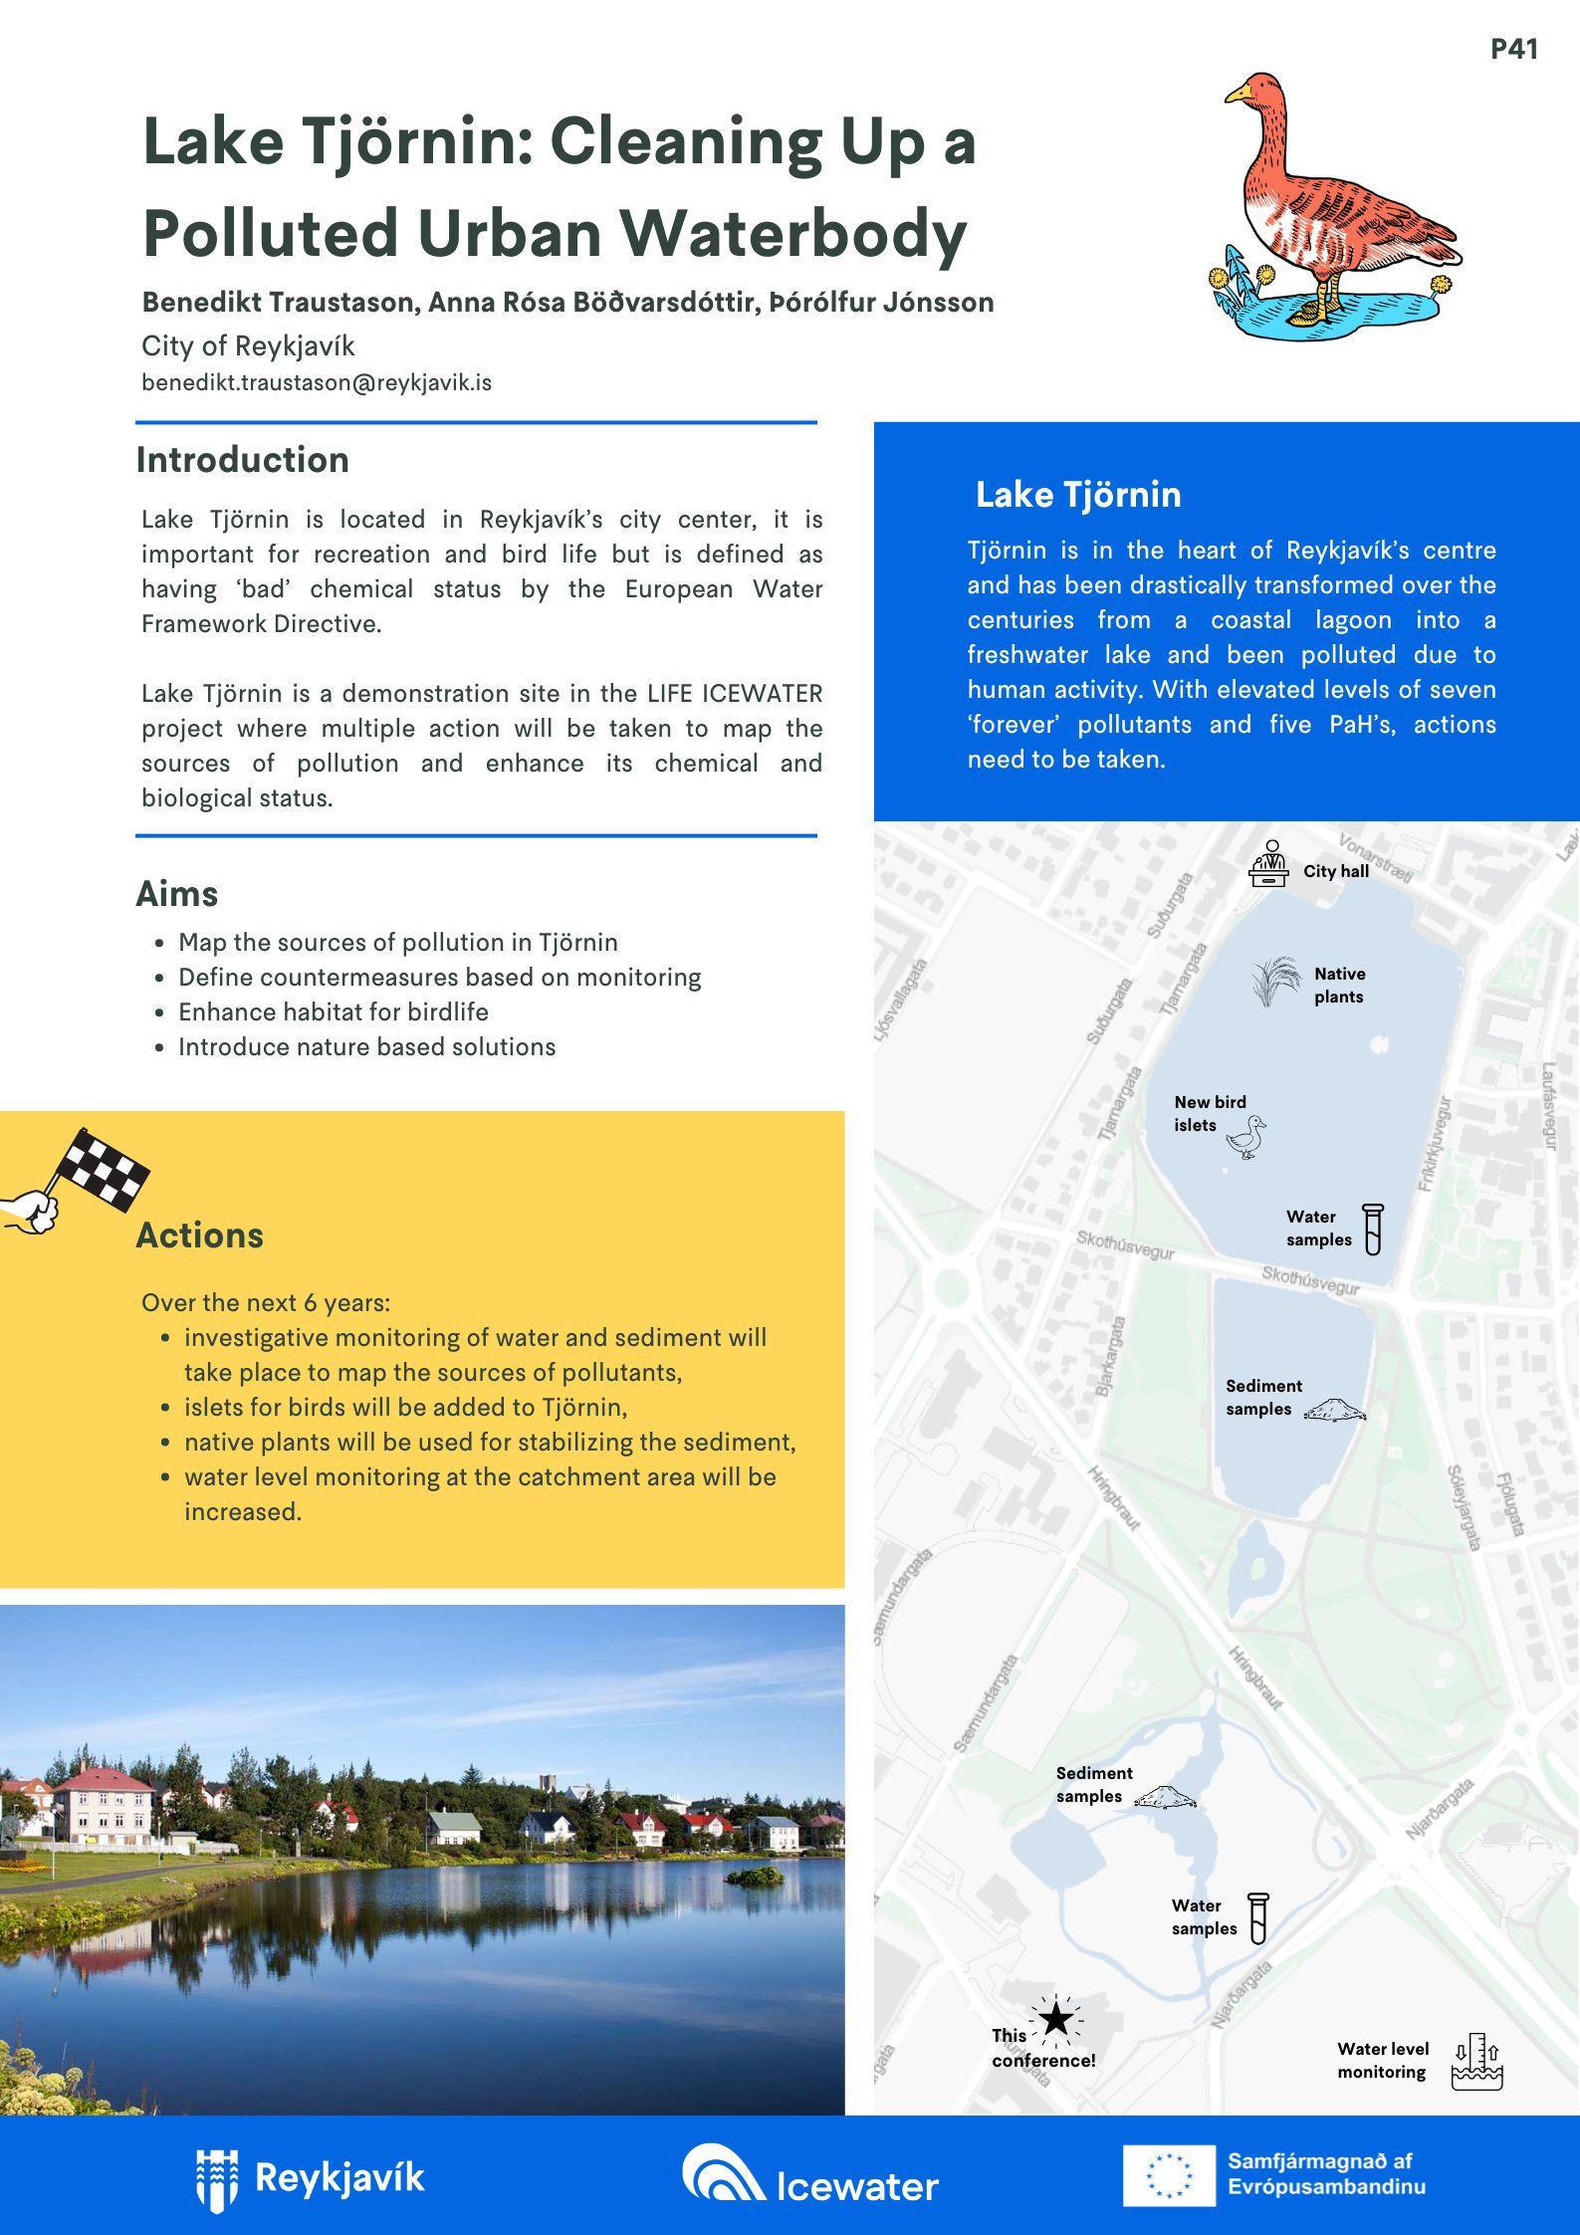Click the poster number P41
[1513, 50]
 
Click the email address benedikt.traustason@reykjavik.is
[317, 382]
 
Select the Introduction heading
[243, 460]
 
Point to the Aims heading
[177, 894]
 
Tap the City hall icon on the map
[1268, 864]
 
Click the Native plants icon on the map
[1275, 982]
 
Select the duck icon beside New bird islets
[1247, 1137]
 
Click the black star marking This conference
[1056, 2019]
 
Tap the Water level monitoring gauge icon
[1476, 2061]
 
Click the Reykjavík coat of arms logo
[217, 2179]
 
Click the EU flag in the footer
[1169, 2175]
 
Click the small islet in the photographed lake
[756, 1877]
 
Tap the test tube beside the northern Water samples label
[1373, 1229]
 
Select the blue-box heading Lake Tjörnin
[1078, 495]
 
